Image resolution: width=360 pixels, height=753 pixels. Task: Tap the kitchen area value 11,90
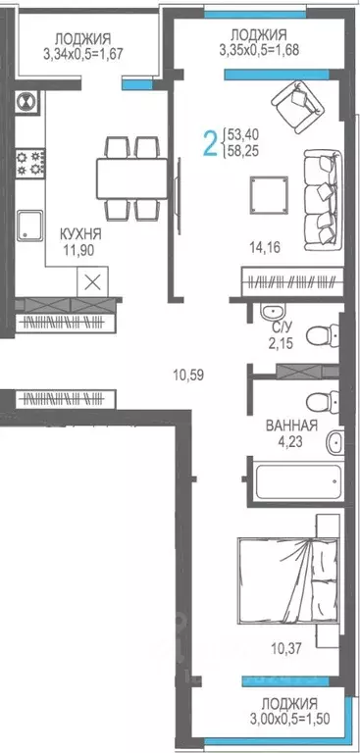click(x=80, y=251)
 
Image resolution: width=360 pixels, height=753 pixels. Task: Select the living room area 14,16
click(x=268, y=247)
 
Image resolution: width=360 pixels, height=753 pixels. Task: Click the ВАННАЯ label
click(x=291, y=426)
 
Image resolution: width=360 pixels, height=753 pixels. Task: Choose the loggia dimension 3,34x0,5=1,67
click(x=88, y=53)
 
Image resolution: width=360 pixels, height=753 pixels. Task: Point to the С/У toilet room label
click(x=280, y=330)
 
